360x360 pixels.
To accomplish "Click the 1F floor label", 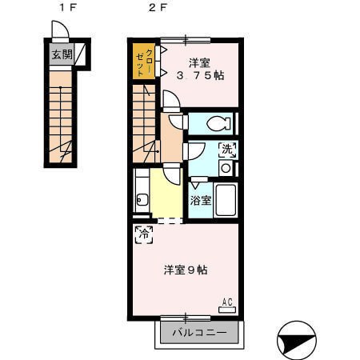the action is [68, 7].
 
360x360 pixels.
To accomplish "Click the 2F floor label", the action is [158, 7].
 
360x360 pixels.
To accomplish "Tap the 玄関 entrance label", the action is [62, 54].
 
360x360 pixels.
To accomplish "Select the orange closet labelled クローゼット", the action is [144, 61].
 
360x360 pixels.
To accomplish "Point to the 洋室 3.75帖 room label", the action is [200, 70].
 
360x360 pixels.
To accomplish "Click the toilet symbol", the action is [218, 123].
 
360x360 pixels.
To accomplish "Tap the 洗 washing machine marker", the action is [227, 150].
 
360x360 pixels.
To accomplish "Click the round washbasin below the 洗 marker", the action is [226, 168].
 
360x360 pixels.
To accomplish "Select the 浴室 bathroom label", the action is [201, 201].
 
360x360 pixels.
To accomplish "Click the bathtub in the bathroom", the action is [226, 200].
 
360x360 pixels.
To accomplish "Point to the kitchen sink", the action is [142, 199].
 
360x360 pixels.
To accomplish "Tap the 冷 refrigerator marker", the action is [144, 234].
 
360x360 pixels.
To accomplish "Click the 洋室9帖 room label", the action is [186, 270].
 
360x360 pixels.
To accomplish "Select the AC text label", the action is [227, 302].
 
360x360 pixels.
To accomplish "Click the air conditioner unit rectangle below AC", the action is [227, 310].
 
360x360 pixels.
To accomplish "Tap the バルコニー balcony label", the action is [199, 333].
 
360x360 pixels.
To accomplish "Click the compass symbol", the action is [297, 340].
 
